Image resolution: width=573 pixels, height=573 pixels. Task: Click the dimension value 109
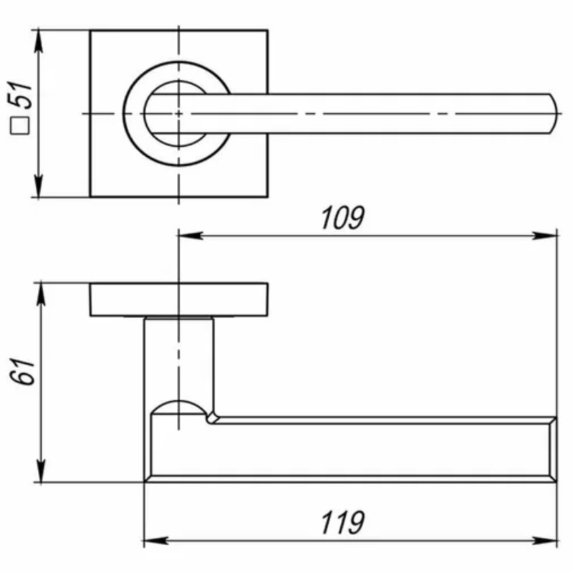(342, 218)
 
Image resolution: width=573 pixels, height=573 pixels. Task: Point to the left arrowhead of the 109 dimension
(184, 236)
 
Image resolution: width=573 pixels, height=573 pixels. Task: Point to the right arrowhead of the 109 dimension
(551, 236)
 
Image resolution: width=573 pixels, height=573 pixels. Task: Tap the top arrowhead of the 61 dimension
(40, 289)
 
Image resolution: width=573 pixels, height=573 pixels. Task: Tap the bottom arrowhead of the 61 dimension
(40, 476)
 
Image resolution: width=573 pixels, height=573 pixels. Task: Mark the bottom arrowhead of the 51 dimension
(39, 191)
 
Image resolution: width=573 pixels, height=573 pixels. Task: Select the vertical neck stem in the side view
(179, 358)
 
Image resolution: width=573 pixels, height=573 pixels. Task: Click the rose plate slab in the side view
(179, 299)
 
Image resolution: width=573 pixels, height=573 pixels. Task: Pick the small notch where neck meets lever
(213, 415)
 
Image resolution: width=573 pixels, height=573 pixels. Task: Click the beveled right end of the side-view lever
(552, 448)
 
